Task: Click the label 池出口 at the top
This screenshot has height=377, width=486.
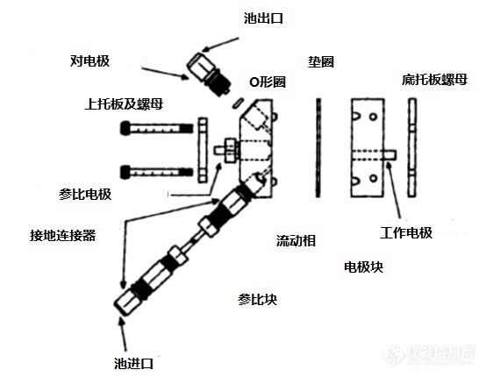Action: pyautogui.click(x=263, y=18)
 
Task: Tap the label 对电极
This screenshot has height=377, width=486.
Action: pyautogui.click(x=89, y=61)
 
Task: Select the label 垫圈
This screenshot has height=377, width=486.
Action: pyautogui.click(x=321, y=62)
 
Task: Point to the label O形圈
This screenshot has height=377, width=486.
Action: pyautogui.click(x=268, y=82)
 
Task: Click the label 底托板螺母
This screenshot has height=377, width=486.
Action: pyautogui.click(x=434, y=80)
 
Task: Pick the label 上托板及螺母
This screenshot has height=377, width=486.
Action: pyautogui.click(x=124, y=104)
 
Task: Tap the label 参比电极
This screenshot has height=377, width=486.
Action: pyautogui.click(x=85, y=195)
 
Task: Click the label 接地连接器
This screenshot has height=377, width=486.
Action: pyautogui.click(x=63, y=236)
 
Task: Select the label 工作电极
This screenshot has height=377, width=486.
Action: pyautogui.click(x=406, y=232)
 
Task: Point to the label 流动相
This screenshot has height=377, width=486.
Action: pyautogui.click(x=296, y=240)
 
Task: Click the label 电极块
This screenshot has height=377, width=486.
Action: pyautogui.click(x=363, y=267)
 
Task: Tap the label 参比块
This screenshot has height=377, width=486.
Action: pyautogui.click(x=257, y=299)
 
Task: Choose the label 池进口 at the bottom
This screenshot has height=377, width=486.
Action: pyautogui.click(x=133, y=363)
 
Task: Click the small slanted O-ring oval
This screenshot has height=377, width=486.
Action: pyautogui.click(x=239, y=103)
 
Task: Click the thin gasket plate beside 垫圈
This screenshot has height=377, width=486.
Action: pyautogui.click(x=318, y=147)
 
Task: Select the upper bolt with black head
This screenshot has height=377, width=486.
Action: pyautogui.click(x=156, y=128)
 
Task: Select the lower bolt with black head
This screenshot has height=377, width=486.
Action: pyautogui.click(x=156, y=172)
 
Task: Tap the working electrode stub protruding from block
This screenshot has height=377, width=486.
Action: pyautogui.click(x=390, y=155)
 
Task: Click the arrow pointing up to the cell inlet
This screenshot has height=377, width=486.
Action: pyautogui.click(x=124, y=336)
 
